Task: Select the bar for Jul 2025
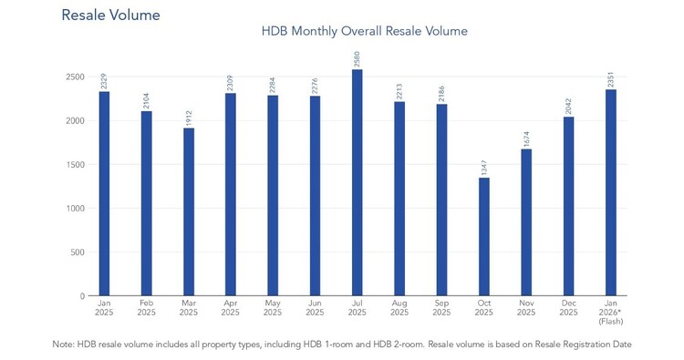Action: (x=357, y=182)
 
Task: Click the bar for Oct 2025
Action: (x=483, y=237)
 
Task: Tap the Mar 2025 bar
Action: (x=189, y=211)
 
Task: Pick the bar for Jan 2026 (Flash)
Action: (x=611, y=192)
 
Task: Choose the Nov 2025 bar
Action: (x=526, y=222)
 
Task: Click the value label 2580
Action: (x=357, y=59)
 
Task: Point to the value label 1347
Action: (x=483, y=168)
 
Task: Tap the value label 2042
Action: (x=568, y=107)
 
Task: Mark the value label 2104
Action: (x=146, y=101)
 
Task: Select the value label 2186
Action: (x=441, y=94)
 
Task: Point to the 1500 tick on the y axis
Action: (x=76, y=165)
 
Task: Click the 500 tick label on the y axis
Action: (x=78, y=252)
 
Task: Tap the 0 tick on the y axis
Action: (x=82, y=296)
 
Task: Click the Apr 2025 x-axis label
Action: (x=231, y=308)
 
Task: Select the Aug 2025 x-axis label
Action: (x=399, y=308)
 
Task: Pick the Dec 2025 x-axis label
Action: (x=568, y=308)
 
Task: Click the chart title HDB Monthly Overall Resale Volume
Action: (x=365, y=31)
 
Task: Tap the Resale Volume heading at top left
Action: (x=110, y=15)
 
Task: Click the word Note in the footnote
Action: (x=62, y=345)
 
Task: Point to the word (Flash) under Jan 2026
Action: (x=611, y=322)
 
